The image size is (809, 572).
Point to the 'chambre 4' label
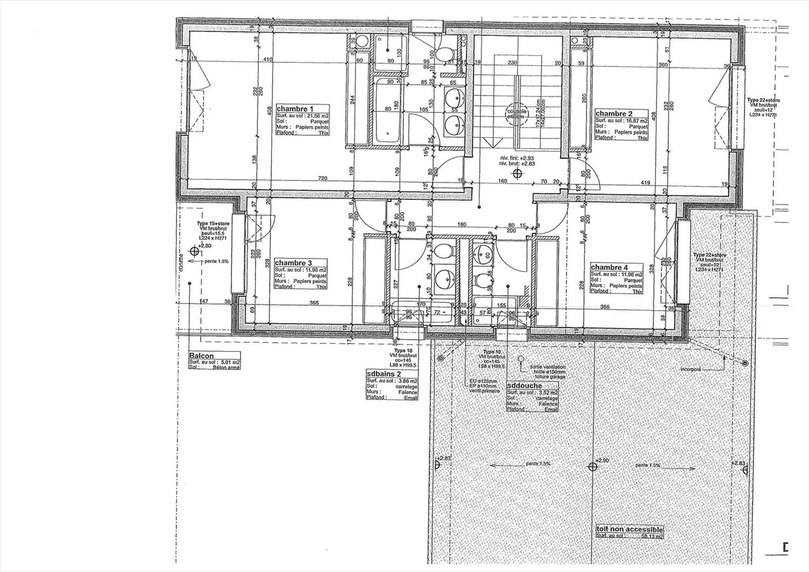[609, 267]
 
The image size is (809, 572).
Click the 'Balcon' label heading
[201, 356]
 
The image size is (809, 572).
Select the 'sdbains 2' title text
[384, 373]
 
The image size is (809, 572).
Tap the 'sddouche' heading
[524, 386]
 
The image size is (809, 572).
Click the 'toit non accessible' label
[630, 530]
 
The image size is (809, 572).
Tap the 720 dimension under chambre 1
[322, 179]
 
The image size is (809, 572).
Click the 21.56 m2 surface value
[316, 116]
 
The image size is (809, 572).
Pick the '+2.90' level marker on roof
[601, 461]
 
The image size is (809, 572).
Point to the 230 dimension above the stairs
[512, 63]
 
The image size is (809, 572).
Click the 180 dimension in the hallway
[462, 225]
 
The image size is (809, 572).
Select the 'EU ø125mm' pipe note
[483, 382]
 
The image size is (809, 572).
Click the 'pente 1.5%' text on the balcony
[216, 261]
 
